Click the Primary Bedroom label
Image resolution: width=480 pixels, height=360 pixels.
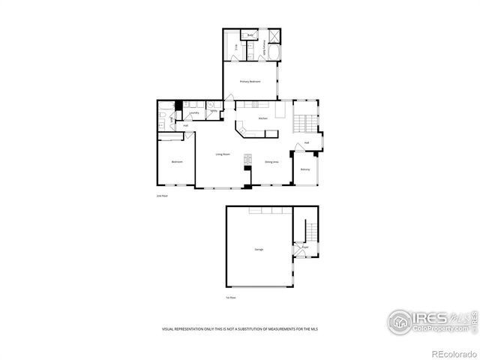pos(250,82)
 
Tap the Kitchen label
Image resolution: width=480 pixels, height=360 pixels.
pos(263,119)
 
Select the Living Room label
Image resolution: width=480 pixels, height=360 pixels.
pos(223,154)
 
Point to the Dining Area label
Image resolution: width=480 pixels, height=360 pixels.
pos(271,162)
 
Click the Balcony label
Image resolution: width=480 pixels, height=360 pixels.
pos(305,169)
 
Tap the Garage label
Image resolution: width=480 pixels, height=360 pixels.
pos(258,249)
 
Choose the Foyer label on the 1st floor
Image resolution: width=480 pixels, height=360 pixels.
pos(305,247)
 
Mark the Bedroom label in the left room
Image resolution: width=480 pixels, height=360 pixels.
pos(177,162)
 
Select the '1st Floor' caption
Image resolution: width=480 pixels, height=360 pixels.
pos(231,298)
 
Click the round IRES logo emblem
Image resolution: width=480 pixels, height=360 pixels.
pos(400,321)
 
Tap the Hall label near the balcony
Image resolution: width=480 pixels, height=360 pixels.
pos(307,142)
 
